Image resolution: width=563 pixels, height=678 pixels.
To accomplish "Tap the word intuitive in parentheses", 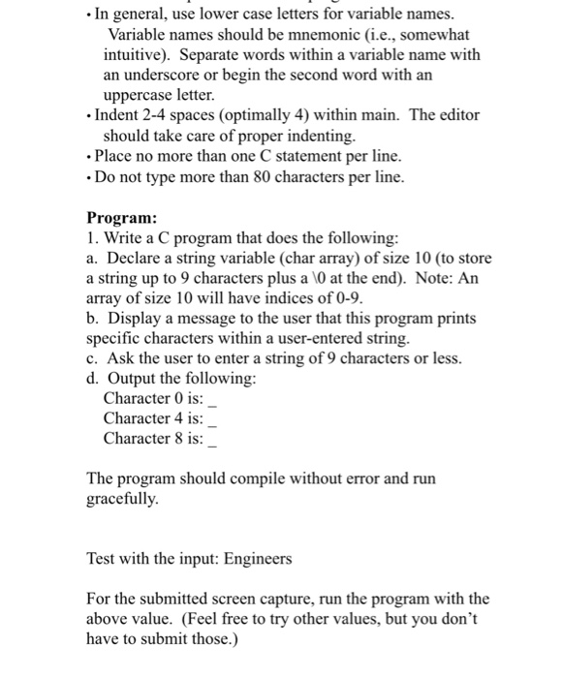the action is [141, 54].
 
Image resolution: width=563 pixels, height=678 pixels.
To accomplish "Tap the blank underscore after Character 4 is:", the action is [213, 420].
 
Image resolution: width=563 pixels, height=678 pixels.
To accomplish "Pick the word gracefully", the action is [121, 500].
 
